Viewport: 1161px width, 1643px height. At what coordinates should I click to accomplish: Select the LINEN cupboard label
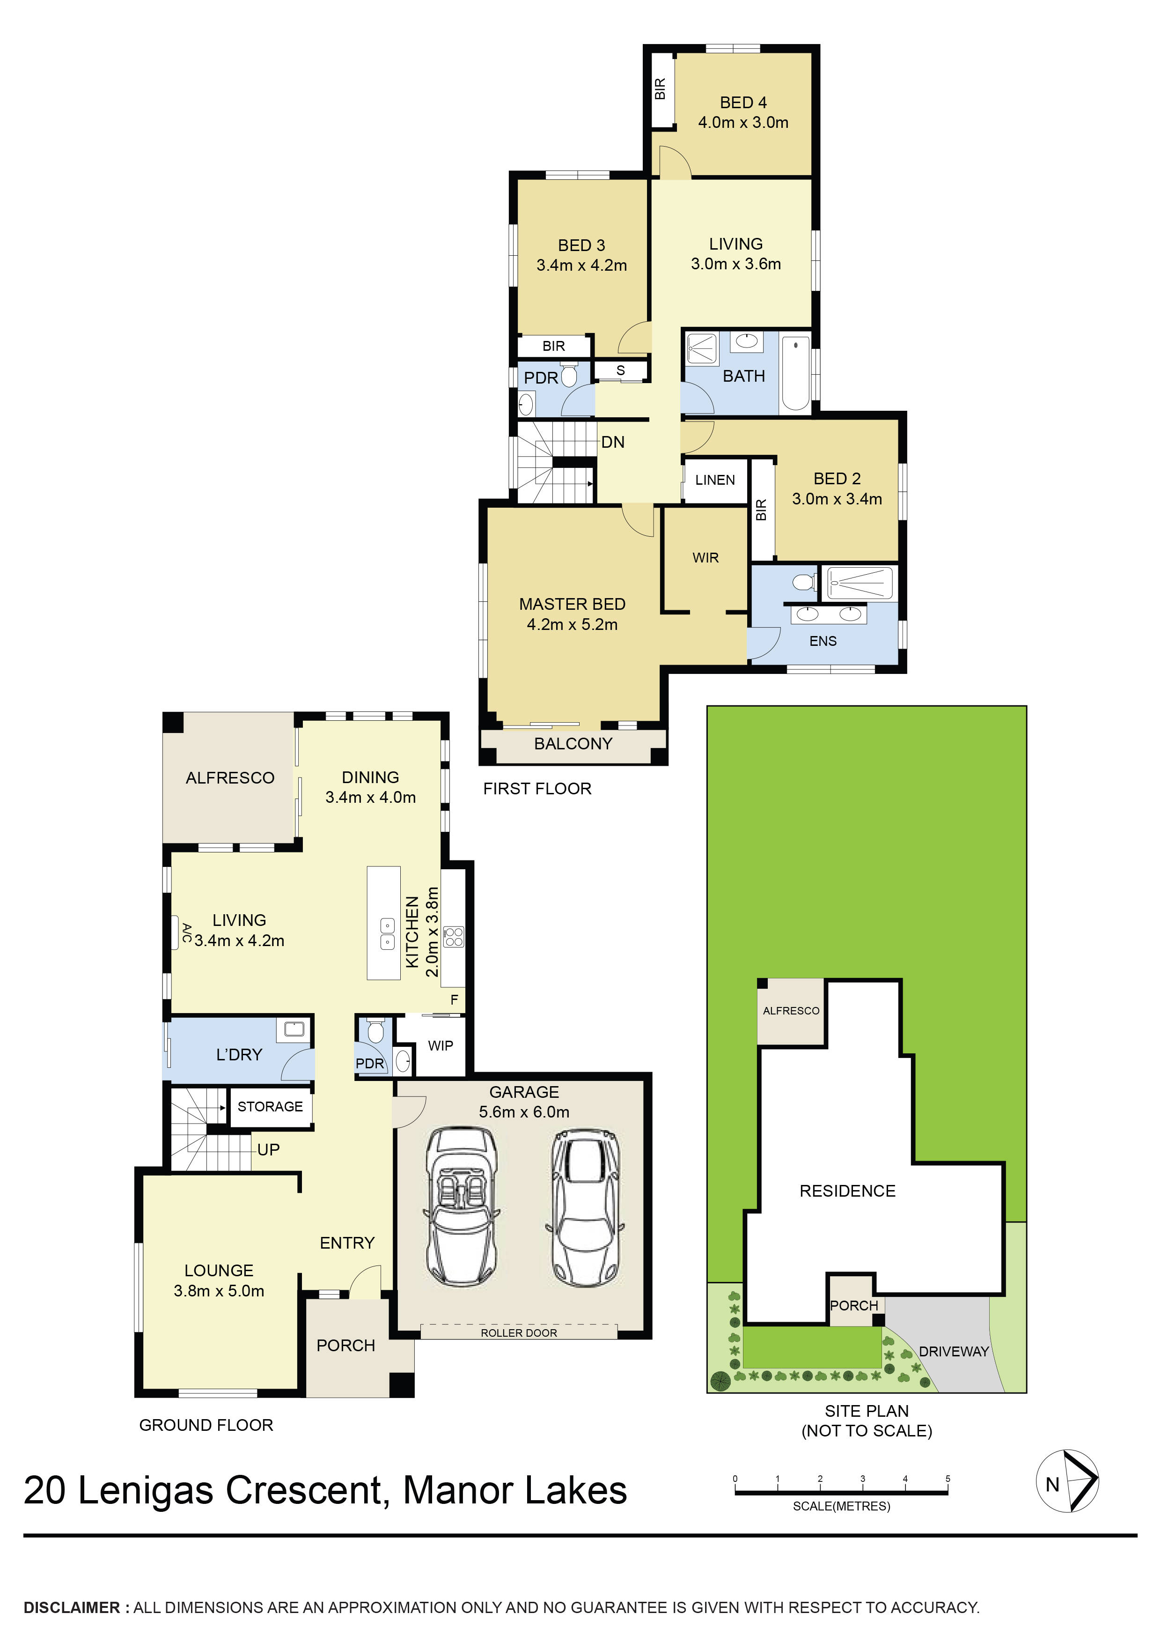(x=715, y=480)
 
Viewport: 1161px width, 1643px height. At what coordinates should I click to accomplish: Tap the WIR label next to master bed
(x=705, y=557)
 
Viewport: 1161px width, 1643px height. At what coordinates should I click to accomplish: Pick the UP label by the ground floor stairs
(x=268, y=1149)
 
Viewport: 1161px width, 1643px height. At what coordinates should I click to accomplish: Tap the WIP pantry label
(x=440, y=1045)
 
